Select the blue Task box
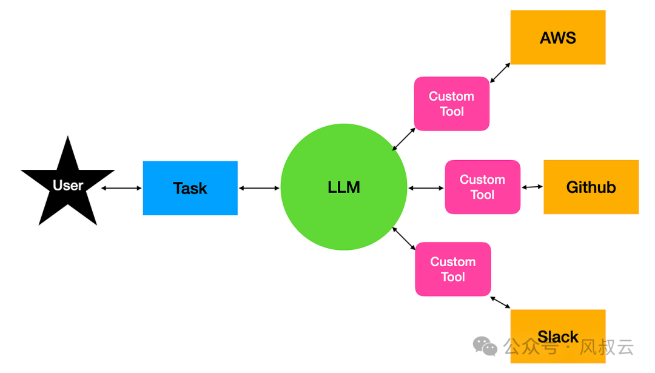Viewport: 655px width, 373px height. pos(190,188)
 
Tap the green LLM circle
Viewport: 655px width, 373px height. pos(344,187)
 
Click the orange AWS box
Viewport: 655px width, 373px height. pos(558,38)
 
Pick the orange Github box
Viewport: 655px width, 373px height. pos(591,187)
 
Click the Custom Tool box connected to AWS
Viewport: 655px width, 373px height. pos(452,104)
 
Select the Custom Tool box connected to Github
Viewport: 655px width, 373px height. pos(483,187)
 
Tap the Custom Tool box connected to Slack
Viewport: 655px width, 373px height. pos(453,269)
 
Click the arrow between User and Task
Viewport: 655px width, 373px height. pos(121,188)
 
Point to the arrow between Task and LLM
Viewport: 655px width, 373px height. pos(260,188)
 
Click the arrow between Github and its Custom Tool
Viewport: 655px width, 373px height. pos(532,187)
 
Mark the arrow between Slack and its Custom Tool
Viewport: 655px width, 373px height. pos(500,302)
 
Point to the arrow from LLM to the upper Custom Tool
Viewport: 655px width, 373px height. pos(404,139)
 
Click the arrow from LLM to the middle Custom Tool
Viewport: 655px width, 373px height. pos(426,188)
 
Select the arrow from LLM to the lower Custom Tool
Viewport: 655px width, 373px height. pos(404,238)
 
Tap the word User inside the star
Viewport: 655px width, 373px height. pos(68,186)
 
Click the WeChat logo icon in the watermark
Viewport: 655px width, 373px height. pos(485,346)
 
